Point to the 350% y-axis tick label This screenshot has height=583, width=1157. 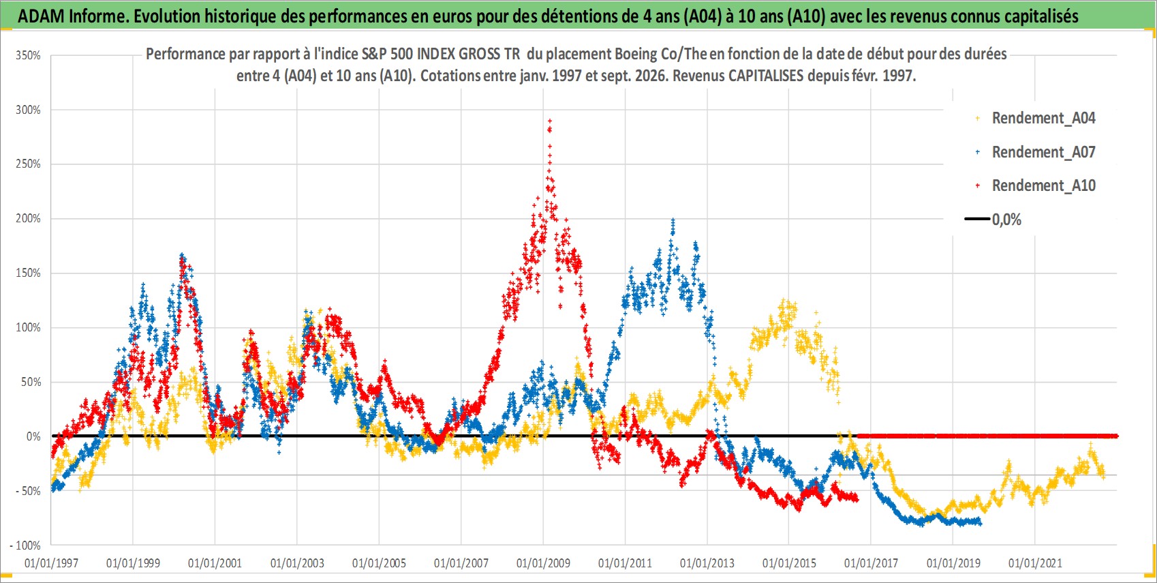click(x=28, y=55)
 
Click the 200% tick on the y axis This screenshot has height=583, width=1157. click(x=28, y=219)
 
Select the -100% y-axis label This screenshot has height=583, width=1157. click(x=25, y=545)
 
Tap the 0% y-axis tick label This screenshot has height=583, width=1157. click(x=33, y=436)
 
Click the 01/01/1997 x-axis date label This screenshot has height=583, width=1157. click(x=51, y=563)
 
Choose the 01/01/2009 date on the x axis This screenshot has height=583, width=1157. click(x=543, y=563)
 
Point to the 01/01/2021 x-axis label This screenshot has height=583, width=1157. click(x=1035, y=563)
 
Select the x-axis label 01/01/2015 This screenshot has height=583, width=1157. click(x=789, y=563)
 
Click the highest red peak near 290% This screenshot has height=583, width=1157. click(x=550, y=121)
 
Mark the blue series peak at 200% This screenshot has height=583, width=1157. click(x=673, y=220)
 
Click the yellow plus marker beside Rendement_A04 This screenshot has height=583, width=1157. click(x=977, y=119)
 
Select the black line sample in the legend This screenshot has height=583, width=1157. click(x=976, y=219)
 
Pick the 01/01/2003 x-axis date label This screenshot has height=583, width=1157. click(x=297, y=563)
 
